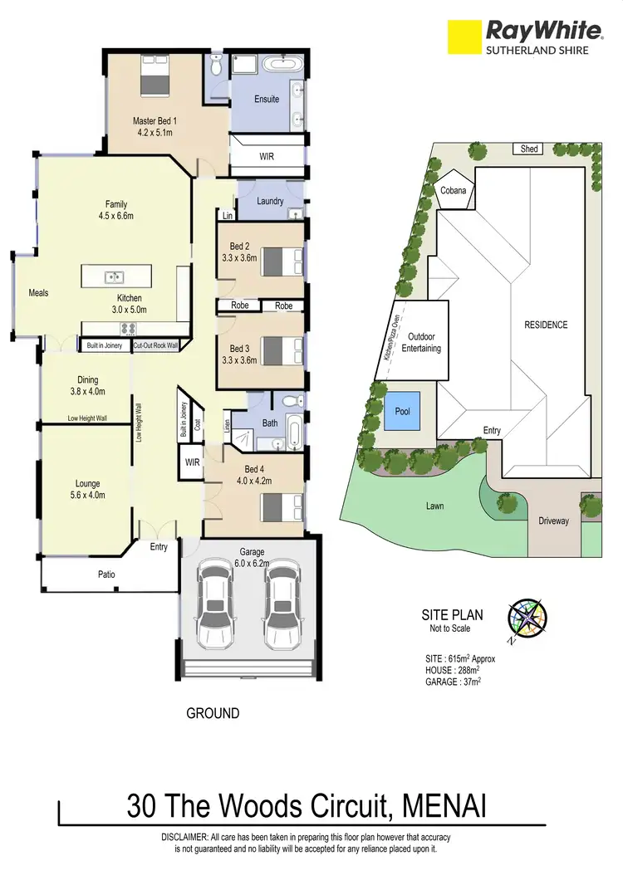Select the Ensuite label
point(267,99)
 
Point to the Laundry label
point(270,201)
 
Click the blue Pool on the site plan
point(402,412)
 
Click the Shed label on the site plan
point(529,149)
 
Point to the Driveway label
point(552,521)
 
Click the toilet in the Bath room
point(290,403)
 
